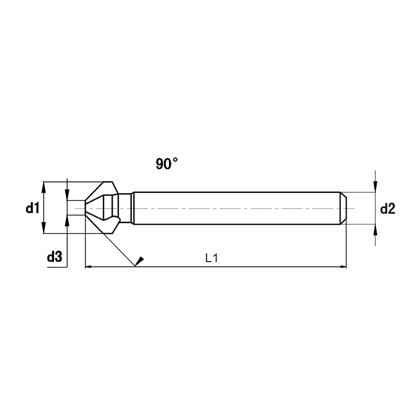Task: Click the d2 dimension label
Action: (x=388, y=208)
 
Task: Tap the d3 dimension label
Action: (x=55, y=257)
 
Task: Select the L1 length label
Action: (x=212, y=258)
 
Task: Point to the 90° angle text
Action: (x=167, y=164)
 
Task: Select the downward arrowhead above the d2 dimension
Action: (x=375, y=187)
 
